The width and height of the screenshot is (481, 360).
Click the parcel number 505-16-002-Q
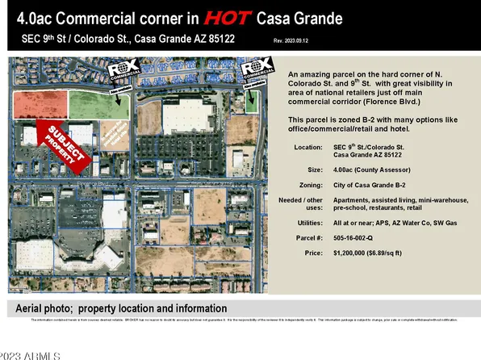click(361, 238)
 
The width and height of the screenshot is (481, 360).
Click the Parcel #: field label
click(309, 238)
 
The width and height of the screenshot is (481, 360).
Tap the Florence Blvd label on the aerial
click(93, 184)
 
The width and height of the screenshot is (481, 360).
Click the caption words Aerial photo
click(48, 308)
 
